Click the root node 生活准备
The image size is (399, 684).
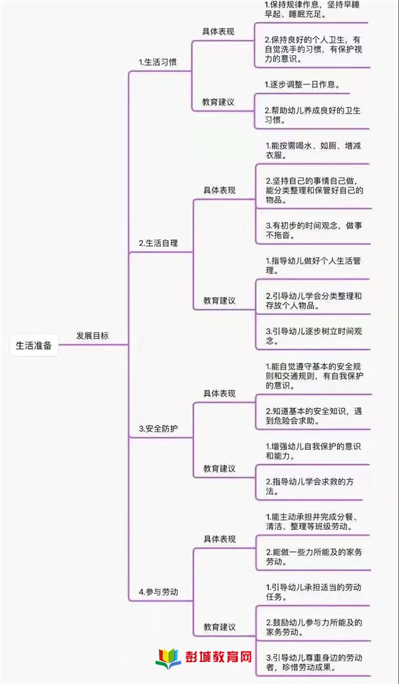tap(34, 346)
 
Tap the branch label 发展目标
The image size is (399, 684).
tap(92, 336)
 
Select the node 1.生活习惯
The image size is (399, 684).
tap(158, 62)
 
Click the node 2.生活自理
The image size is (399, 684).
tap(158, 243)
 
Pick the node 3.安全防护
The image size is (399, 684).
tap(158, 429)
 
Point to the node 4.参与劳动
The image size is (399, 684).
tap(158, 592)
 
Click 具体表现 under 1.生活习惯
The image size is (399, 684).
tap(218, 32)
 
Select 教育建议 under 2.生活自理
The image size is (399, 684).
tap(219, 300)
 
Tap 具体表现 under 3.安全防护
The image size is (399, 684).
tap(219, 394)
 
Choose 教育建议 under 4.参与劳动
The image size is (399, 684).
tap(219, 627)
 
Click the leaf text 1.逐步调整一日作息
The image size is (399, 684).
tap(301, 84)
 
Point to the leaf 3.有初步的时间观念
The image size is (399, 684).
tap(314, 230)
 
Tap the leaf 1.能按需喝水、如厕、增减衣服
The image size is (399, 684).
tap(313, 150)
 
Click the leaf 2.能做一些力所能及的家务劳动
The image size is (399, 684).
tap(314, 557)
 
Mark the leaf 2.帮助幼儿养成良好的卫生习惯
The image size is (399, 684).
tap(313, 116)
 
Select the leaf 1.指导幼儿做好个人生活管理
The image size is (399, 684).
tap(313, 266)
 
